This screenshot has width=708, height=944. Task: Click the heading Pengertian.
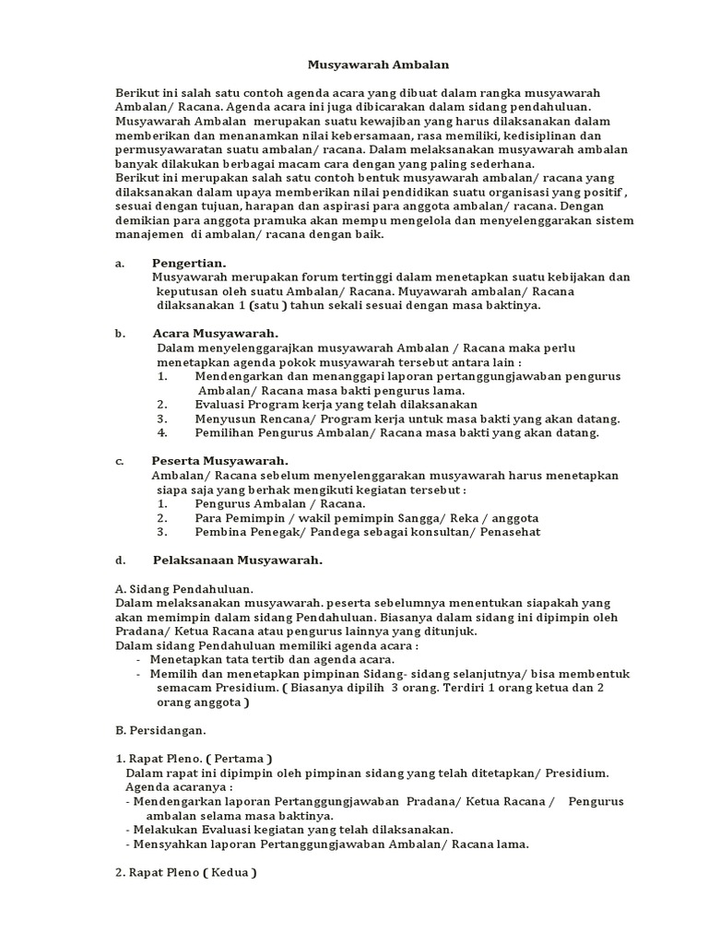tap(189, 263)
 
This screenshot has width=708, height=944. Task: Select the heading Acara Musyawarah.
tap(216, 333)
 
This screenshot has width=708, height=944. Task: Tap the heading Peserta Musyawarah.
tap(220, 460)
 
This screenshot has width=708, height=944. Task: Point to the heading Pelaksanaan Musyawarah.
tap(237, 560)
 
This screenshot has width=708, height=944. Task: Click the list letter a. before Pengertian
tap(120, 263)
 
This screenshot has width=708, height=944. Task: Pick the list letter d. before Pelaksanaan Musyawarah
tap(120, 560)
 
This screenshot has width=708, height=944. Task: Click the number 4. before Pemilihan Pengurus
tap(162, 432)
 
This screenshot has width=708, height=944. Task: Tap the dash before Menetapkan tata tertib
tap(138, 659)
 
